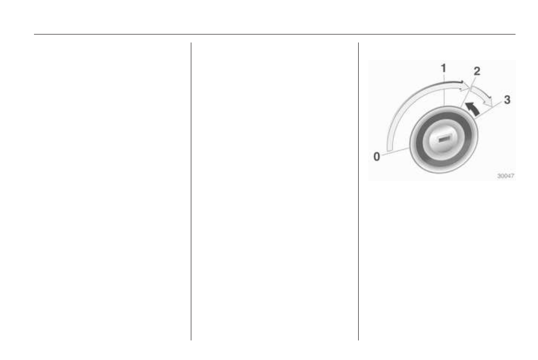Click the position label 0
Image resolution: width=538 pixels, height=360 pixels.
(x=376, y=156)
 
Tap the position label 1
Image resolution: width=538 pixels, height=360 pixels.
(x=444, y=68)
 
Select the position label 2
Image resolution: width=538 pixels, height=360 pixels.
(x=477, y=71)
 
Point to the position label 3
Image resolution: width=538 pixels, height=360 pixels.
(x=507, y=100)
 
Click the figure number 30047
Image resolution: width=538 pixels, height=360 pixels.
(x=506, y=176)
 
